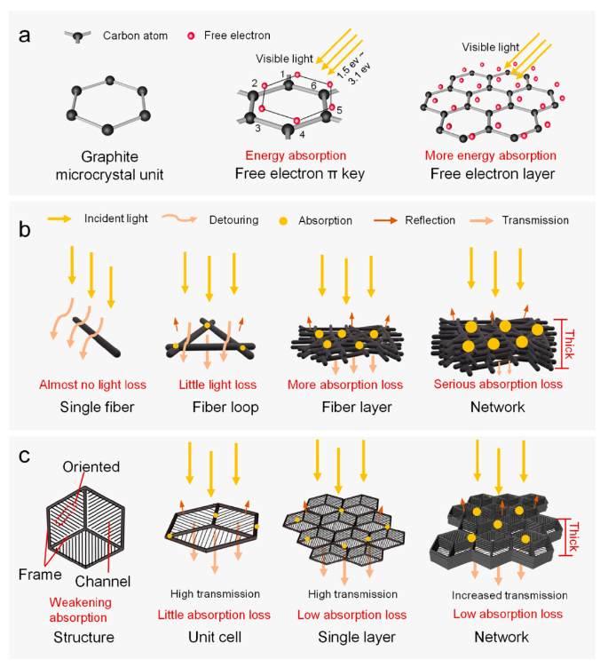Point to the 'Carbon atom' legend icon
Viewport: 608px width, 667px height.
tap(78, 36)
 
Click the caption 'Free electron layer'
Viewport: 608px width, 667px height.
tap(490, 174)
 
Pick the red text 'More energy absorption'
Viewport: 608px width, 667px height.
tap(490, 155)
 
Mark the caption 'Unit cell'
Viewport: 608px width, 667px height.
tap(215, 637)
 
